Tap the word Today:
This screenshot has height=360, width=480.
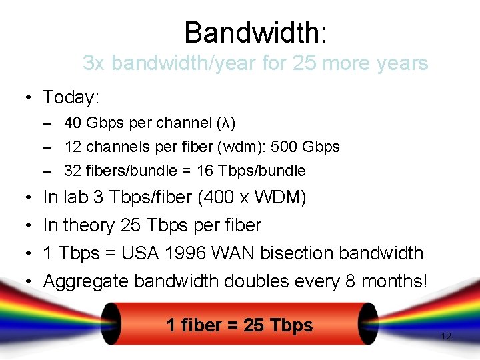[x=71, y=97]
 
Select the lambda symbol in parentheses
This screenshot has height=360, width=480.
[x=226, y=123]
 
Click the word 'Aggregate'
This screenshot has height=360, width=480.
[x=86, y=281]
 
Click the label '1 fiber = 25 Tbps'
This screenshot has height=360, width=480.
[x=239, y=325]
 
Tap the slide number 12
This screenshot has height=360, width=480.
[x=446, y=337]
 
